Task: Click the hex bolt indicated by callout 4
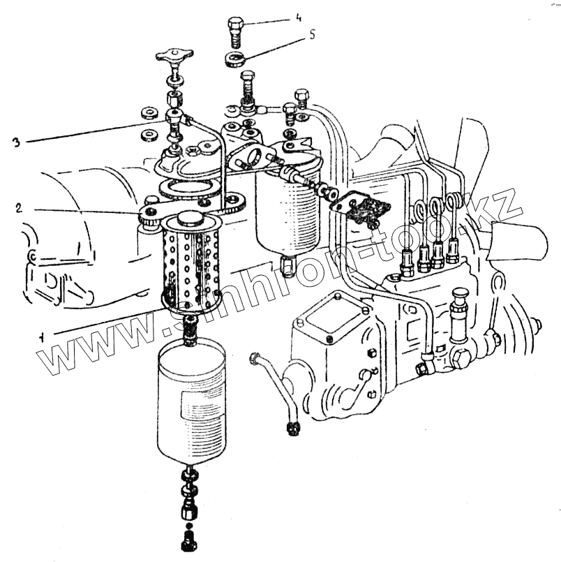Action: coord(236,32)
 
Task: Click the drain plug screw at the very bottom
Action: coord(187,540)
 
